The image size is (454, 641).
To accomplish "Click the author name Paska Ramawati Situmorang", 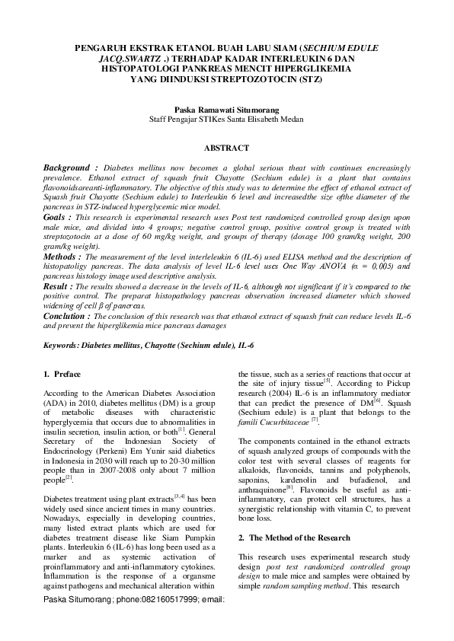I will click(x=226, y=110).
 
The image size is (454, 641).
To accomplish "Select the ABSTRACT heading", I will click(x=226, y=147).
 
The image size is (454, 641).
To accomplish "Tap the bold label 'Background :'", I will click(x=70, y=167).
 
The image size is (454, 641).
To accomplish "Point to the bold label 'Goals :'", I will click(x=58, y=217).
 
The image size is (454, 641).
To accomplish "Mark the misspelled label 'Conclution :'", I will click(x=70, y=315).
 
